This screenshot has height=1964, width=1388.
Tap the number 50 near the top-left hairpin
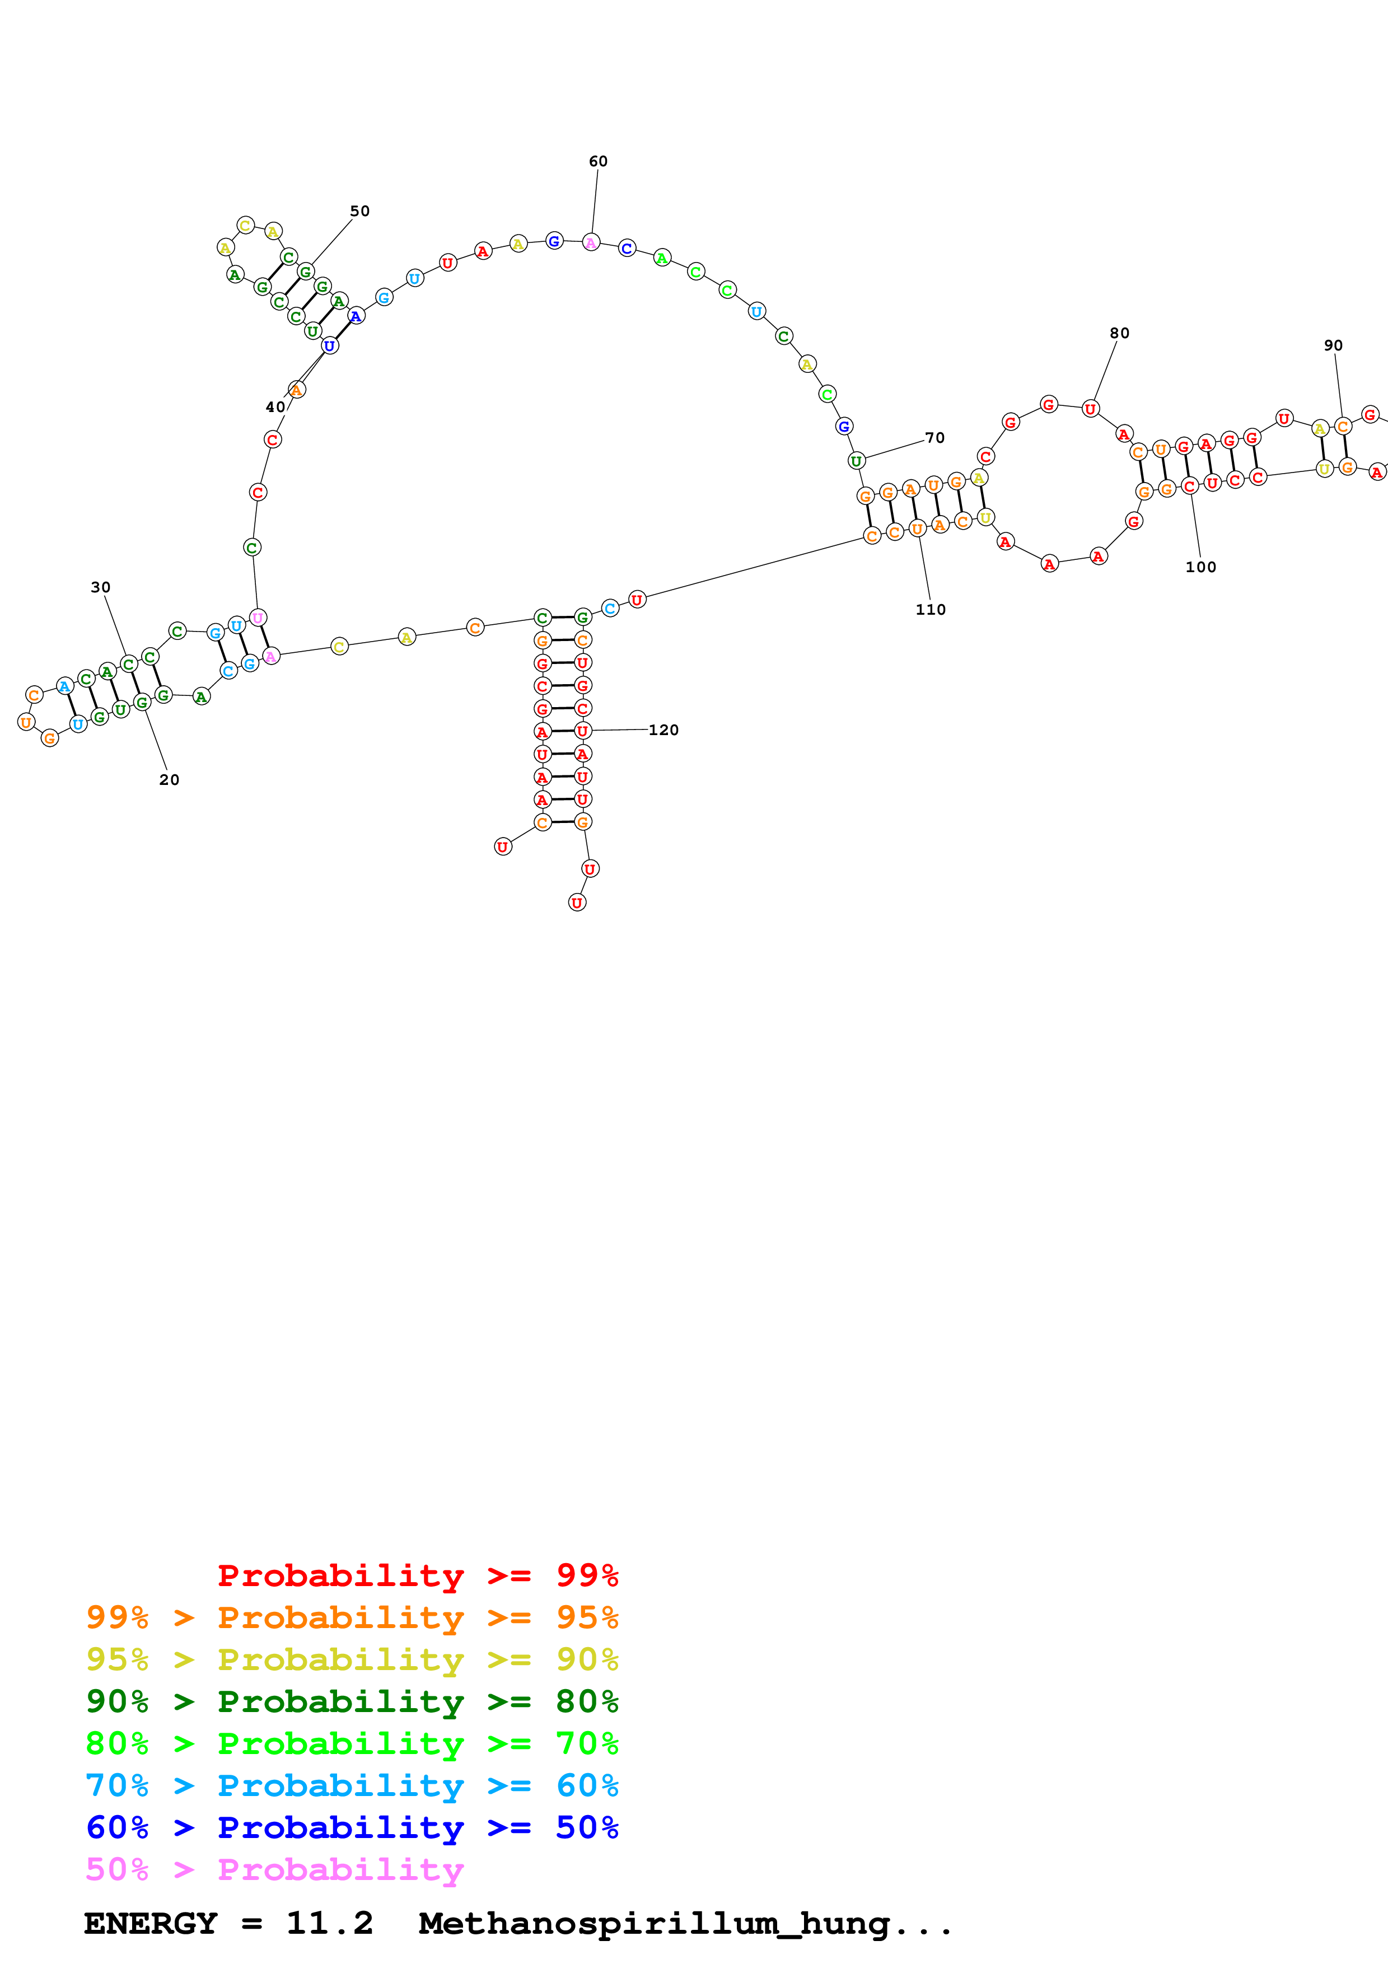click(x=359, y=211)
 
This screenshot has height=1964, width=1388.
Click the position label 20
click(x=169, y=780)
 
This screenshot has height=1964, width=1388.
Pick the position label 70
click(x=934, y=438)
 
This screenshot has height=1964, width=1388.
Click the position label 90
click(x=1333, y=345)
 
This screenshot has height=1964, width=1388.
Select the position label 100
click(x=1200, y=567)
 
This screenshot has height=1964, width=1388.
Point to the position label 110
click(x=931, y=610)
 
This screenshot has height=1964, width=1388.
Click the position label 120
click(x=663, y=730)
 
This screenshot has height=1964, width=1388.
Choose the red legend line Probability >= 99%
click(x=417, y=1575)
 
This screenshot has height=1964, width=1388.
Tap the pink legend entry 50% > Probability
click(x=274, y=1869)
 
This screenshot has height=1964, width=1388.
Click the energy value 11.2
click(x=329, y=1923)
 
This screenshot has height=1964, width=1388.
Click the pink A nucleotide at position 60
click(x=591, y=243)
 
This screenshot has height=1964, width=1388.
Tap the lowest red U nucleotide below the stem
click(x=577, y=902)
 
